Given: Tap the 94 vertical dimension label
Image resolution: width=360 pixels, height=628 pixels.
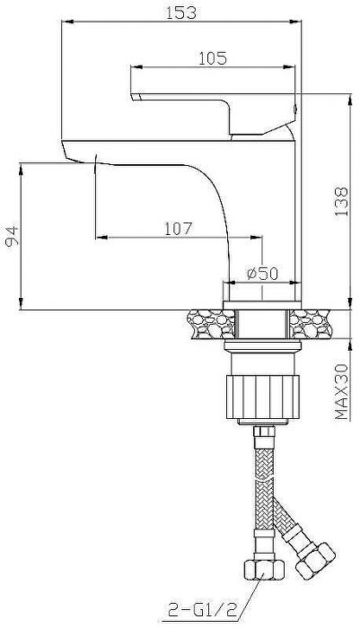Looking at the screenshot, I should [12, 236].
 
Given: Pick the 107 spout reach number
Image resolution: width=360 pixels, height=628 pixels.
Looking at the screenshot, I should [179, 228].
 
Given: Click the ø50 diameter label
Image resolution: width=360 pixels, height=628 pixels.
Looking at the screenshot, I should [261, 273].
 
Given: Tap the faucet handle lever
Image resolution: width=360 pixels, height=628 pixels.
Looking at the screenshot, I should [215, 101].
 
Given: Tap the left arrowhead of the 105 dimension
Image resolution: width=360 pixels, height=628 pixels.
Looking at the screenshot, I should [136, 65].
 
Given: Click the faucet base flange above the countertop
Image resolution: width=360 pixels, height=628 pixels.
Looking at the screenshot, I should [260, 293].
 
